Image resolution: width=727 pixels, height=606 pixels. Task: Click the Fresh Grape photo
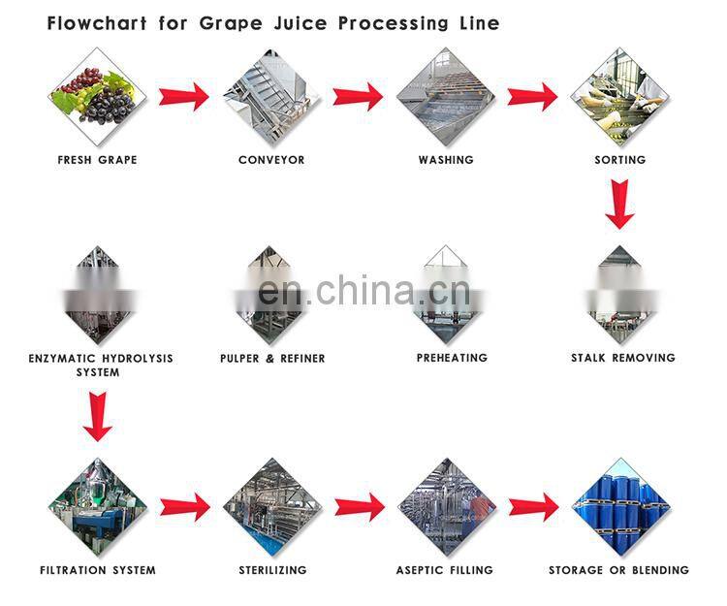tap(97, 97)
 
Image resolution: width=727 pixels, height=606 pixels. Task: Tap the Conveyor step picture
tap(271, 97)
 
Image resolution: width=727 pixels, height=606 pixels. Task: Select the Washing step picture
tap(445, 97)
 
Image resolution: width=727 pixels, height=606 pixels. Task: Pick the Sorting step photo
tap(619, 97)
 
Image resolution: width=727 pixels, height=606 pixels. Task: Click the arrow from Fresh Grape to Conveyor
tap(184, 96)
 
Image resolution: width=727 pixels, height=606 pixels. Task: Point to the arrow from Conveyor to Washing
tap(358, 96)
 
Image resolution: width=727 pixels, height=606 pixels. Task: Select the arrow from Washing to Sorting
tap(532, 96)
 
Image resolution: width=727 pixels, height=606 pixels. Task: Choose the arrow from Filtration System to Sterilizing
tap(184, 506)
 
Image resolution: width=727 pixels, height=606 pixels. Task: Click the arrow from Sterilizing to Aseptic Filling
tap(359, 506)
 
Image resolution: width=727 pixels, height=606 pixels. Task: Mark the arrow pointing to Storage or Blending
tap(533, 506)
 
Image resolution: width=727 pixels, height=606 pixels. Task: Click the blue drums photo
tap(619, 506)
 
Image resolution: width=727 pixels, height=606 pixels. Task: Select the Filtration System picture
tap(97, 506)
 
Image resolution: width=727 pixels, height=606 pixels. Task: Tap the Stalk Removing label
tap(622, 358)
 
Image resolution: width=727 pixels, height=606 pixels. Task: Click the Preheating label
tap(452, 358)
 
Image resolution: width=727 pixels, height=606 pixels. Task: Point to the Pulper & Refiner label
tap(272, 358)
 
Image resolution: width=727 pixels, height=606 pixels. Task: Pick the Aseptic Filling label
tap(445, 570)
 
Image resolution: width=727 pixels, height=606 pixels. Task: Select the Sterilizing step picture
tap(271, 506)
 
